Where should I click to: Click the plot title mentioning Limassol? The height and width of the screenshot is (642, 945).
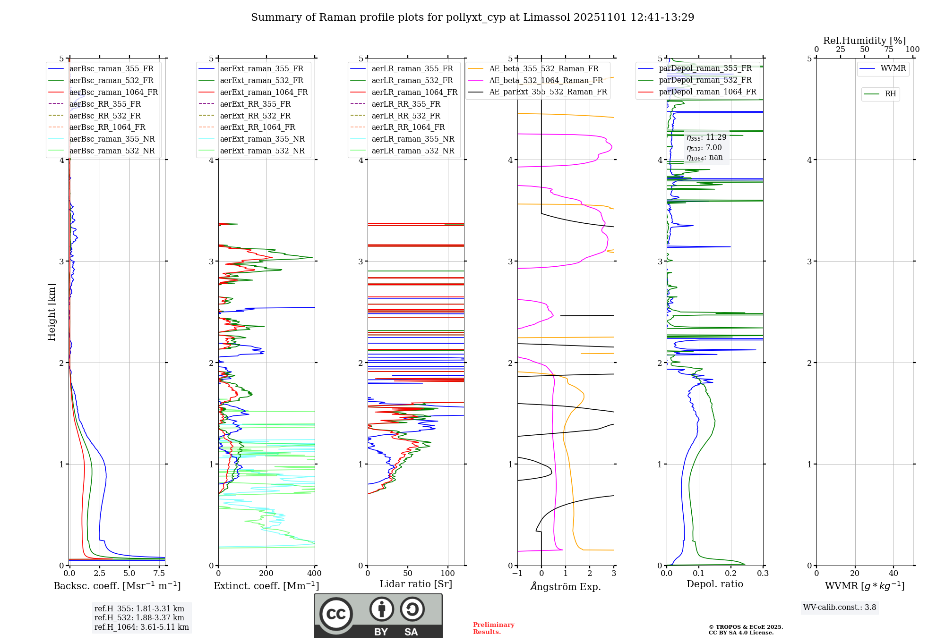(x=472, y=17)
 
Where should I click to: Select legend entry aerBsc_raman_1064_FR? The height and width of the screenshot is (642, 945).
(x=113, y=92)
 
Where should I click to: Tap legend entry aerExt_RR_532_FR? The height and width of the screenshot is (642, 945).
(x=255, y=116)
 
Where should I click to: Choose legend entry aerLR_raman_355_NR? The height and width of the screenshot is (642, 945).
(x=412, y=139)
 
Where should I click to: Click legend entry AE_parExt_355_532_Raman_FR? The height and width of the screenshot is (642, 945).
(x=548, y=92)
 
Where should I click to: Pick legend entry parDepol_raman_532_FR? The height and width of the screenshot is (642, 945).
(x=705, y=80)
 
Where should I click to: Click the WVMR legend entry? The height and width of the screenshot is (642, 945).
(x=893, y=68)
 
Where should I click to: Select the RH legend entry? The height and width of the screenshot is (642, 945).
(x=890, y=94)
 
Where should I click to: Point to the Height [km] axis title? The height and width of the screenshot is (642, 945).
(x=52, y=312)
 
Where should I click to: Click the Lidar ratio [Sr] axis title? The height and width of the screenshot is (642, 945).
(x=416, y=584)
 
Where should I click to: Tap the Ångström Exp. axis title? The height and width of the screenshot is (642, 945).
(x=566, y=586)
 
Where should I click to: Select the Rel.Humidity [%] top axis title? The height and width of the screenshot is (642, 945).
(x=865, y=41)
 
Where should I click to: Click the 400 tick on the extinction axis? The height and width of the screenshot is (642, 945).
(x=315, y=573)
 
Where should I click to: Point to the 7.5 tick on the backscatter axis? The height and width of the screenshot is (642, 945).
(x=159, y=573)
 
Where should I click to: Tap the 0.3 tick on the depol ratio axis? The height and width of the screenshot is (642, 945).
(x=763, y=573)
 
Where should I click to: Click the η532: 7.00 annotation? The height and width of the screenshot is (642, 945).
(x=704, y=148)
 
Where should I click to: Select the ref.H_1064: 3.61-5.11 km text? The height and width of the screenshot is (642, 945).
(x=142, y=627)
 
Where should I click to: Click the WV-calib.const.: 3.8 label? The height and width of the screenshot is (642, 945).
(x=840, y=607)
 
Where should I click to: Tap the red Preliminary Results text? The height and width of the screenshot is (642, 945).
(x=493, y=628)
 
